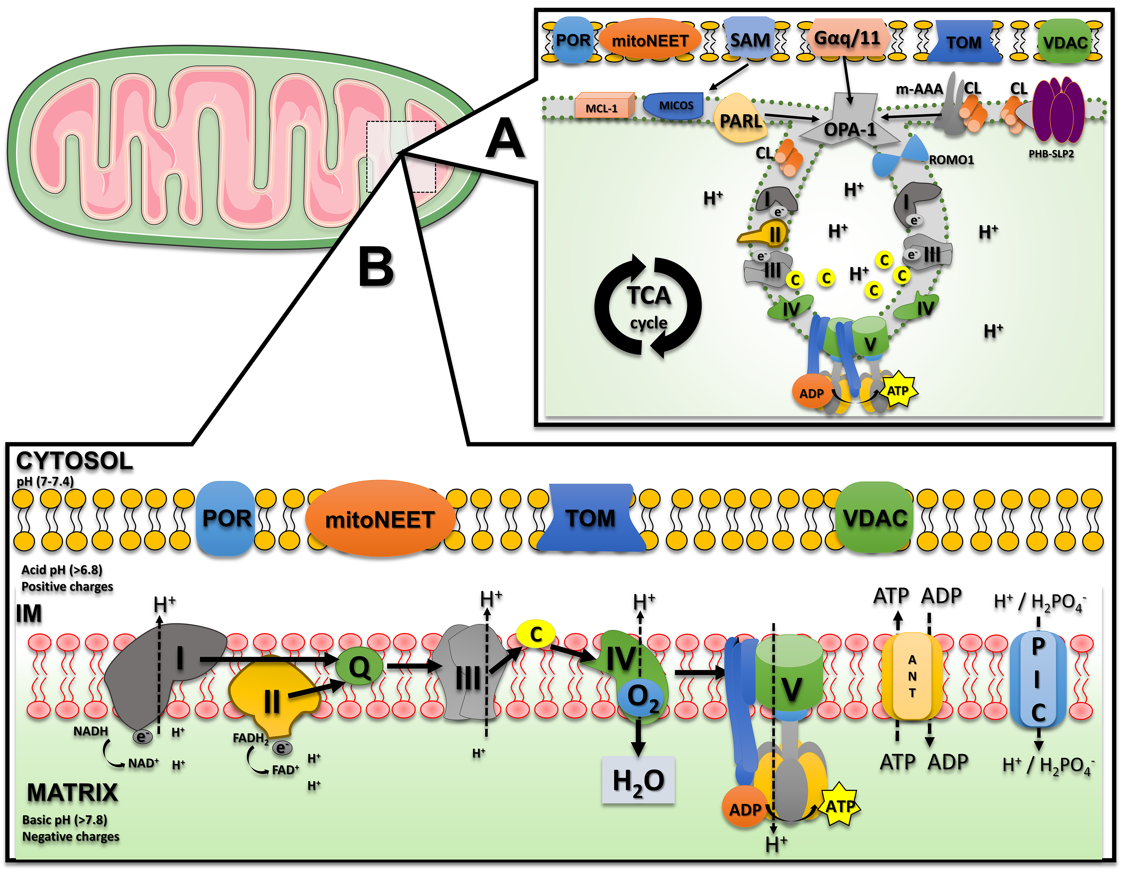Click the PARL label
tap(741, 121)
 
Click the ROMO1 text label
tap(951, 160)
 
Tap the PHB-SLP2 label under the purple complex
tap(1051, 154)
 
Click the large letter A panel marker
tap(505, 139)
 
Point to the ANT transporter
tap(912, 676)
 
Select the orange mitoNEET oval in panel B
tap(380, 519)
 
